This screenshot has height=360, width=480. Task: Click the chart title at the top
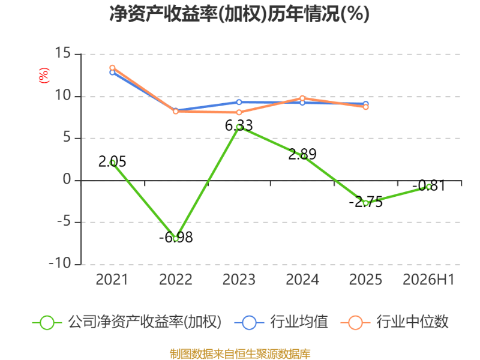pyautogui.click(x=239, y=14)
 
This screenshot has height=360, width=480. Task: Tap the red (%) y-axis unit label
pyautogui.click(x=44, y=76)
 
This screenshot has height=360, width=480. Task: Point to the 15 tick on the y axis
pyautogui.click(x=63, y=53)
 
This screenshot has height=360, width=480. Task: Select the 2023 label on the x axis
pyautogui.click(x=239, y=280)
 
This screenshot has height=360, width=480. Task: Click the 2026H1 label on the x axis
pyautogui.click(x=428, y=280)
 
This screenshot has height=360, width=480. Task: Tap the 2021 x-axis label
pyautogui.click(x=112, y=280)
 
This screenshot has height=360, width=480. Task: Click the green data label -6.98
pyautogui.click(x=176, y=237)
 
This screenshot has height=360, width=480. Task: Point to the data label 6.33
pyautogui.click(x=239, y=125)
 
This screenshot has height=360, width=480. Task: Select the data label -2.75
pyautogui.click(x=366, y=202)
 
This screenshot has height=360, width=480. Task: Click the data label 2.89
pyautogui.click(x=302, y=154)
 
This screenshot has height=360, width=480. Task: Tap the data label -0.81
pyautogui.click(x=429, y=185)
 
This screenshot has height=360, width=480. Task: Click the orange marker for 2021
pyautogui.click(x=112, y=68)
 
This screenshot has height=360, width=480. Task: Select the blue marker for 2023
pyautogui.click(x=239, y=102)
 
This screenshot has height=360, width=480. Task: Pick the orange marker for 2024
pyautogui.click(x=302, y=98)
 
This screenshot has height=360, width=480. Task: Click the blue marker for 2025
pyautogui.click(x=366, y=104)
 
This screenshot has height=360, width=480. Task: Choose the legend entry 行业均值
pyautogui.click(x=281, y=322)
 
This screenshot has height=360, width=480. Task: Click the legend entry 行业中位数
pyautogui.click(x=394, y=322)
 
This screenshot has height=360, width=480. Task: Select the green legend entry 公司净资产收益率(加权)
pyautogui.click(x=127, y=322)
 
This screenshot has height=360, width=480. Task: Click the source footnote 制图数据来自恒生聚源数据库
pyautogui.click(x=240, y=354)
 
